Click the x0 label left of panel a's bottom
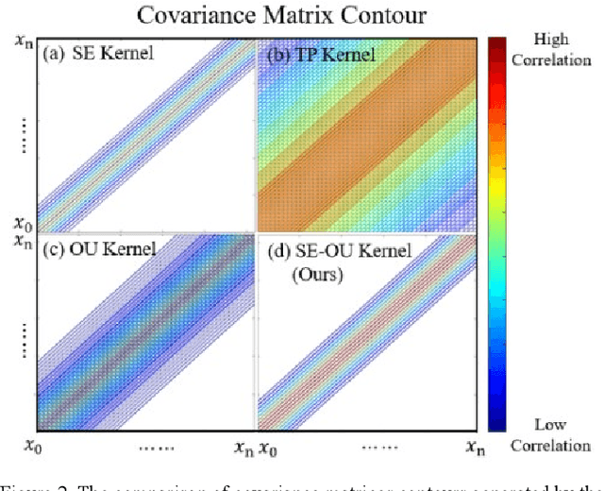coord(22,223)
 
